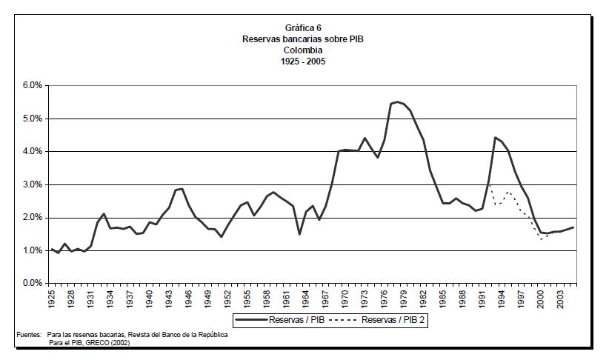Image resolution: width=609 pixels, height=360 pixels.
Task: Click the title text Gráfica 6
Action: pos(304,27)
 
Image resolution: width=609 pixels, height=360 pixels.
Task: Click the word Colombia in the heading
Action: pos(304,50)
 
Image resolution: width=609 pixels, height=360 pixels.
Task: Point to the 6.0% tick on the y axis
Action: pos(32,86)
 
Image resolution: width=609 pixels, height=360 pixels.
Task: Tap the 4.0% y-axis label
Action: pos(32,152)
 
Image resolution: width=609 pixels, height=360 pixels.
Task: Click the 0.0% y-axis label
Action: pos(32,284)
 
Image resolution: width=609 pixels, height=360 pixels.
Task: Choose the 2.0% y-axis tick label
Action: pos(32,218)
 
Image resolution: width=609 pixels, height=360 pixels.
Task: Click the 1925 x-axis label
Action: pos(52,299)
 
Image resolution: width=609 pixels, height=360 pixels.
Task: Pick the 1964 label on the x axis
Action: pos(305,299)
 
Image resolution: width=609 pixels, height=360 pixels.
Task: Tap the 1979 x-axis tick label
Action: pos(403,299)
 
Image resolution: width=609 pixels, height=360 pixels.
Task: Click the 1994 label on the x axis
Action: pos(501,299)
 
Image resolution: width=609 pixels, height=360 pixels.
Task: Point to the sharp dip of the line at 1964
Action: pos(299,234)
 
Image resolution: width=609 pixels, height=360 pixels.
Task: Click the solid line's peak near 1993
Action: pos(495,137)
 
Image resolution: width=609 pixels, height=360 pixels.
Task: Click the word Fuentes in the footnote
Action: pos(29,335)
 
